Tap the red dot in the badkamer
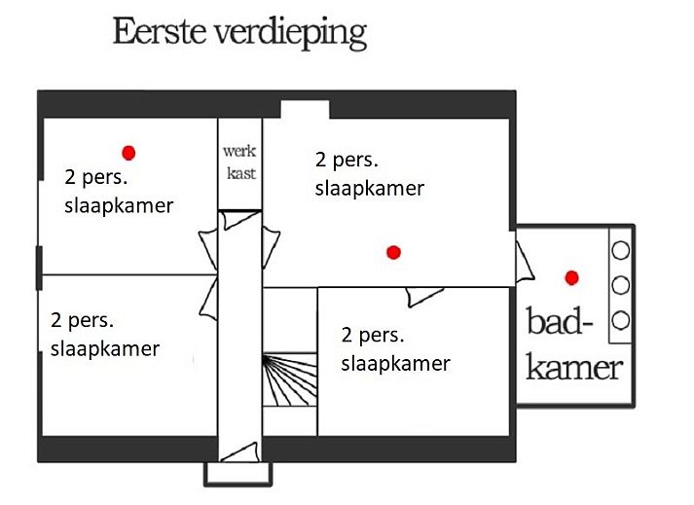[572, 278]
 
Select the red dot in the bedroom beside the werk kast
[128, 152]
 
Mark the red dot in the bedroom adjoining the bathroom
[393, 252]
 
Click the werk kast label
[239, 162]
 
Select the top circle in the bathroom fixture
[620, 250]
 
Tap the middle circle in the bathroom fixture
[620, 285]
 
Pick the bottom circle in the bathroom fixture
[620, 320]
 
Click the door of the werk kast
[238, 219]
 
